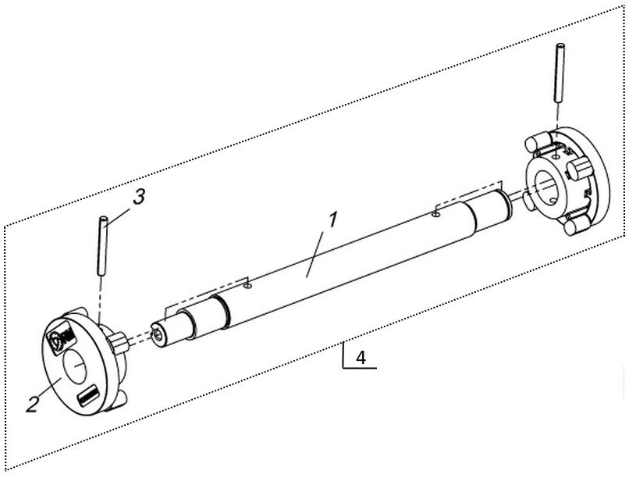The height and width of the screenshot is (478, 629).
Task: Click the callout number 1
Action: click(x=332, y=219)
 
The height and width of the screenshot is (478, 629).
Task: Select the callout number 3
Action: click(x=139, y=198)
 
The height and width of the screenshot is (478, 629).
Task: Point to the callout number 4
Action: click(x=361, y=357)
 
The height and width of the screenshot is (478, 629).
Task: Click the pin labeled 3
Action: click(x=102, y=245)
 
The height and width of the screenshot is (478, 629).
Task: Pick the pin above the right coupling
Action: click(x=560, y=73)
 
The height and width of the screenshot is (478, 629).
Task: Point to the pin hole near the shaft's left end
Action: click(x=247, y=285)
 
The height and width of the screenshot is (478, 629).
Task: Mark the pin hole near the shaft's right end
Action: click(x=435, y=215)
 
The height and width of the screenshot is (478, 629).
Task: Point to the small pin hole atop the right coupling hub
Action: click(x=555, y=155)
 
